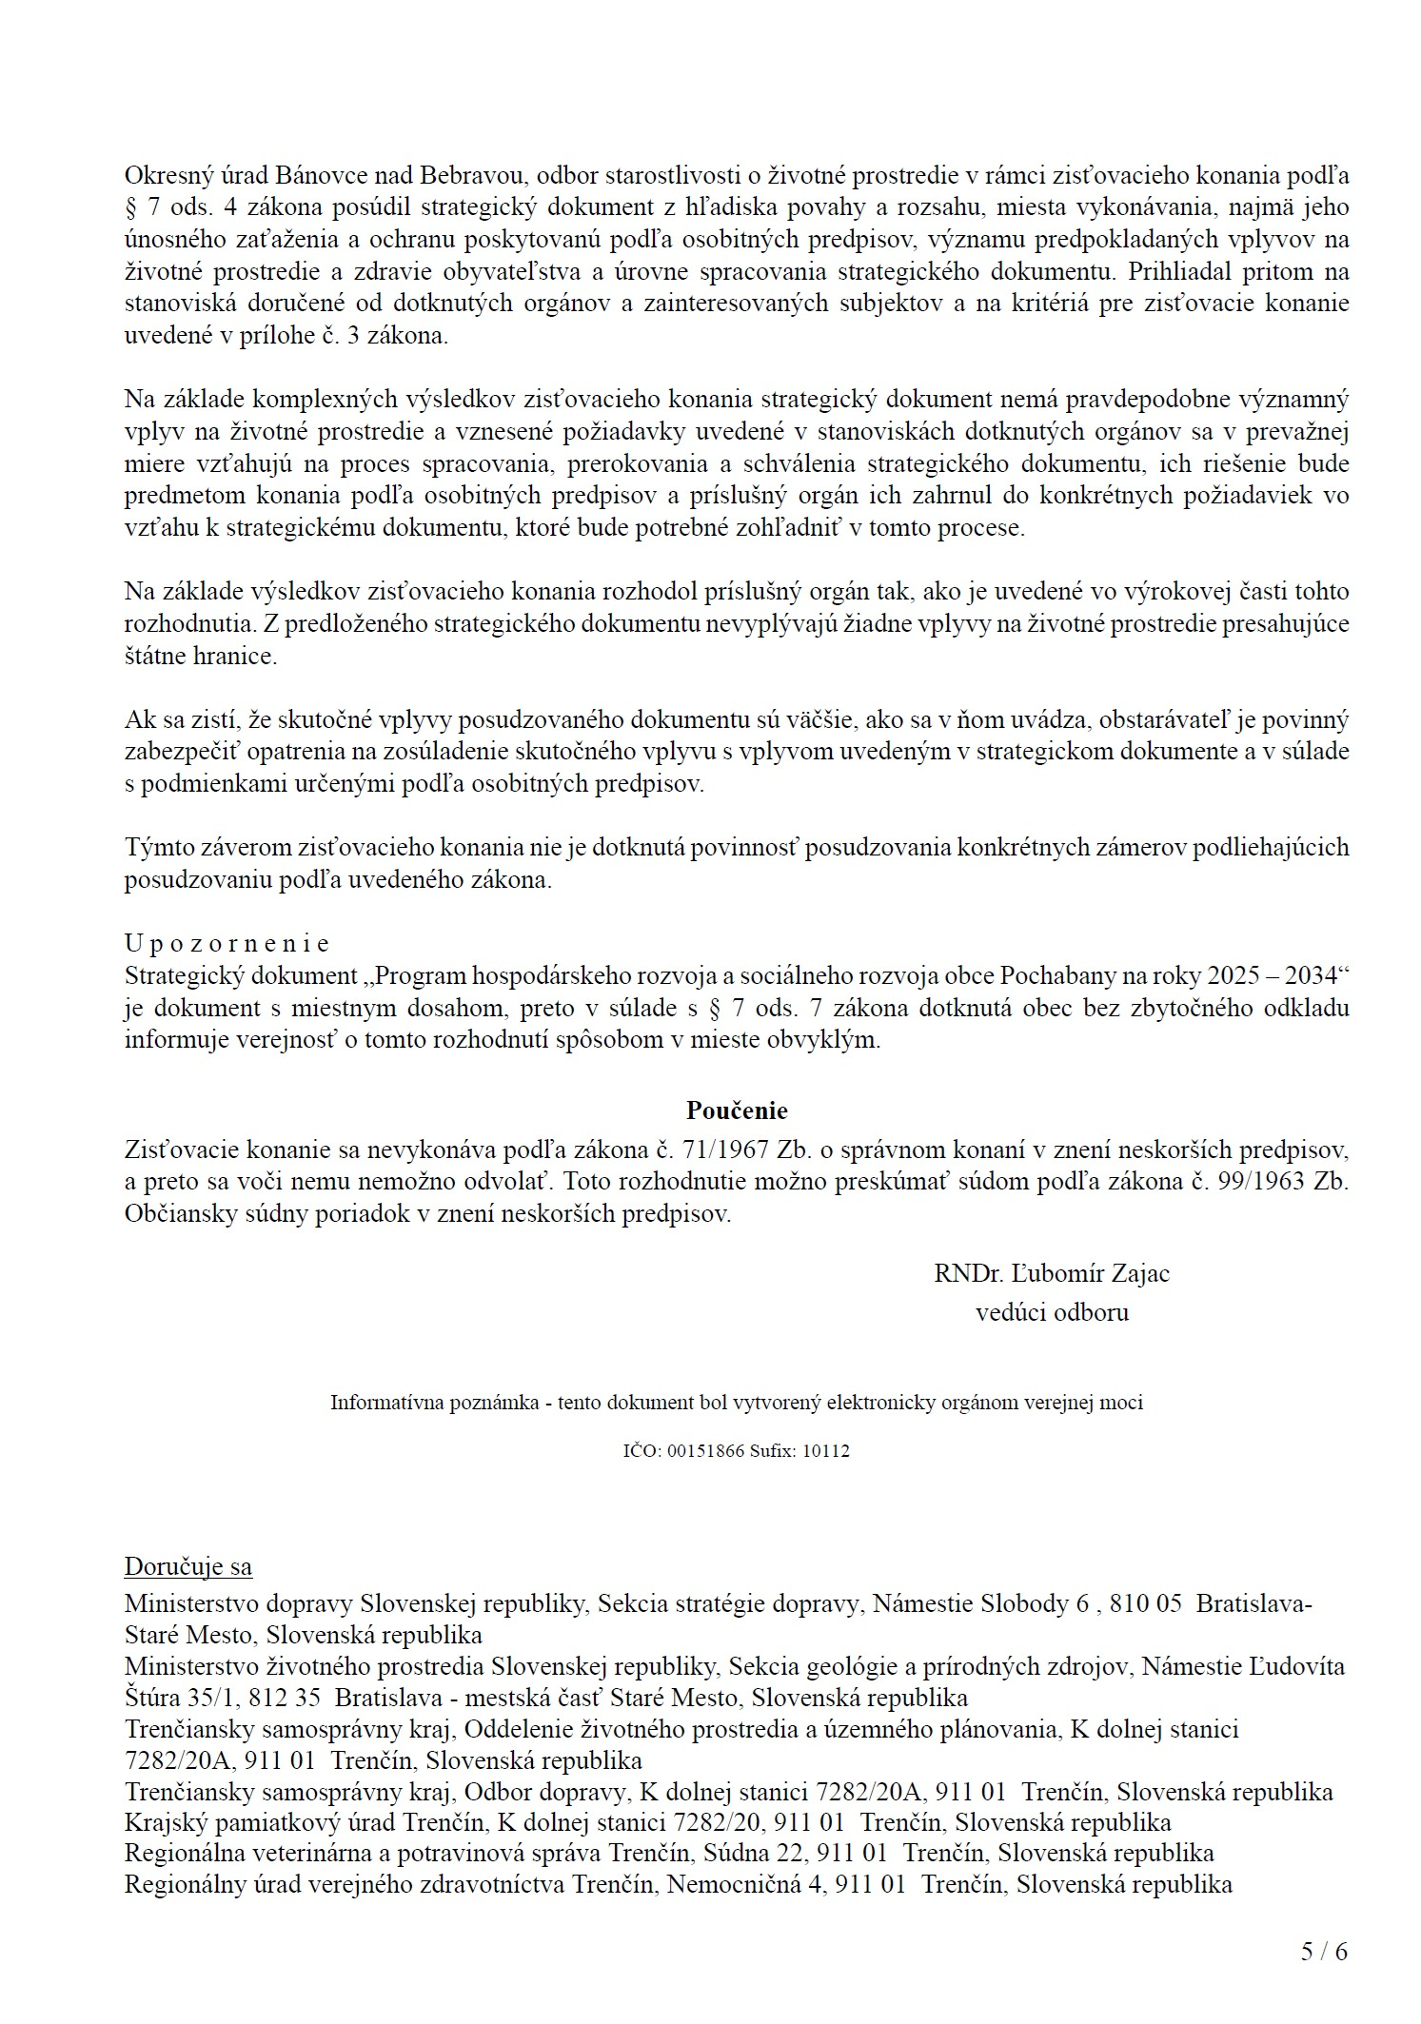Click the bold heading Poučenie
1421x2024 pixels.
coord(737,1110)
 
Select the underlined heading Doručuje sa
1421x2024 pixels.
coord(187,1567)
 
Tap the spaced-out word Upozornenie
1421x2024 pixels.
coord(227,943)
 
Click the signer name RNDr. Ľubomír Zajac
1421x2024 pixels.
coord(1052,1273)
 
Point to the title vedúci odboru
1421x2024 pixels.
coord(1052,1313)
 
